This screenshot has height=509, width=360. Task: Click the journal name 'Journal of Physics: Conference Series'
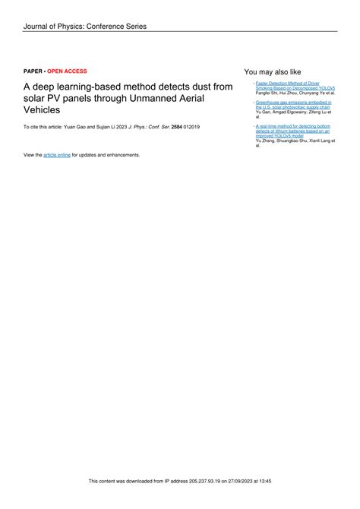[84, 27]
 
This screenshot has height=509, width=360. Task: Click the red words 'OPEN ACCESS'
[67, 71]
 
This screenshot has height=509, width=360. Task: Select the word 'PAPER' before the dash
[33, 71]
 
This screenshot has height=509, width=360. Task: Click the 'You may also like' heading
[273, 71]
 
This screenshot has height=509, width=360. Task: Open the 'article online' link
[57, 155]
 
